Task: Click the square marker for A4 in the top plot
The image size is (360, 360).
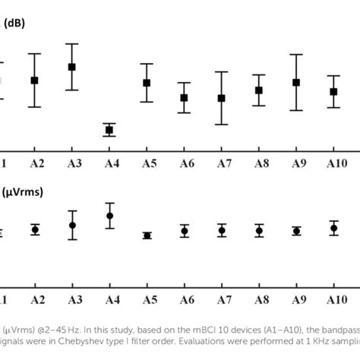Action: pyautogui.click(x=109, y=130)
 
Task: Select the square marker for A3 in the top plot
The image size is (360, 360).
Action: pyautogui.click(x=72, y=67)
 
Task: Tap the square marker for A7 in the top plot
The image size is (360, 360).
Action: pyautogui.click(x=221, y=98)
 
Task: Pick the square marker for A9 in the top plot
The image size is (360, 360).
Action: pyautogui.click(x=296, y=82)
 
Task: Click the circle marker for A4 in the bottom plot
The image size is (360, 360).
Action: pyautogui.click(x=109, y=216)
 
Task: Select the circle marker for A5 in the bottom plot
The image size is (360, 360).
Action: pyautogui.click(x=147, y=235)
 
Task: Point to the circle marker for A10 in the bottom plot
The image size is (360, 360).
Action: pyautogui.click(x=333, y=227)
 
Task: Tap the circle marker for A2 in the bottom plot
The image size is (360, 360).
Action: pyautogui.click(x=35, y=229)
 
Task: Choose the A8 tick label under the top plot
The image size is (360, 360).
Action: pyautogui.click(x=261, y=164)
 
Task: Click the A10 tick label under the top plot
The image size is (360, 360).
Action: pyautogui.click(x=336, y=164)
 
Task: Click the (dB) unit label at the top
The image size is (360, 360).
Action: pyautogui.click(x=14, y=23)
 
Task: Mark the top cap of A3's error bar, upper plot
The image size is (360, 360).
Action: pyautogui.click(x=72, y=44)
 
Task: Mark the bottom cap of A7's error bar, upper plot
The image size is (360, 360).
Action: pyautogui.click(x=221, y=124)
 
